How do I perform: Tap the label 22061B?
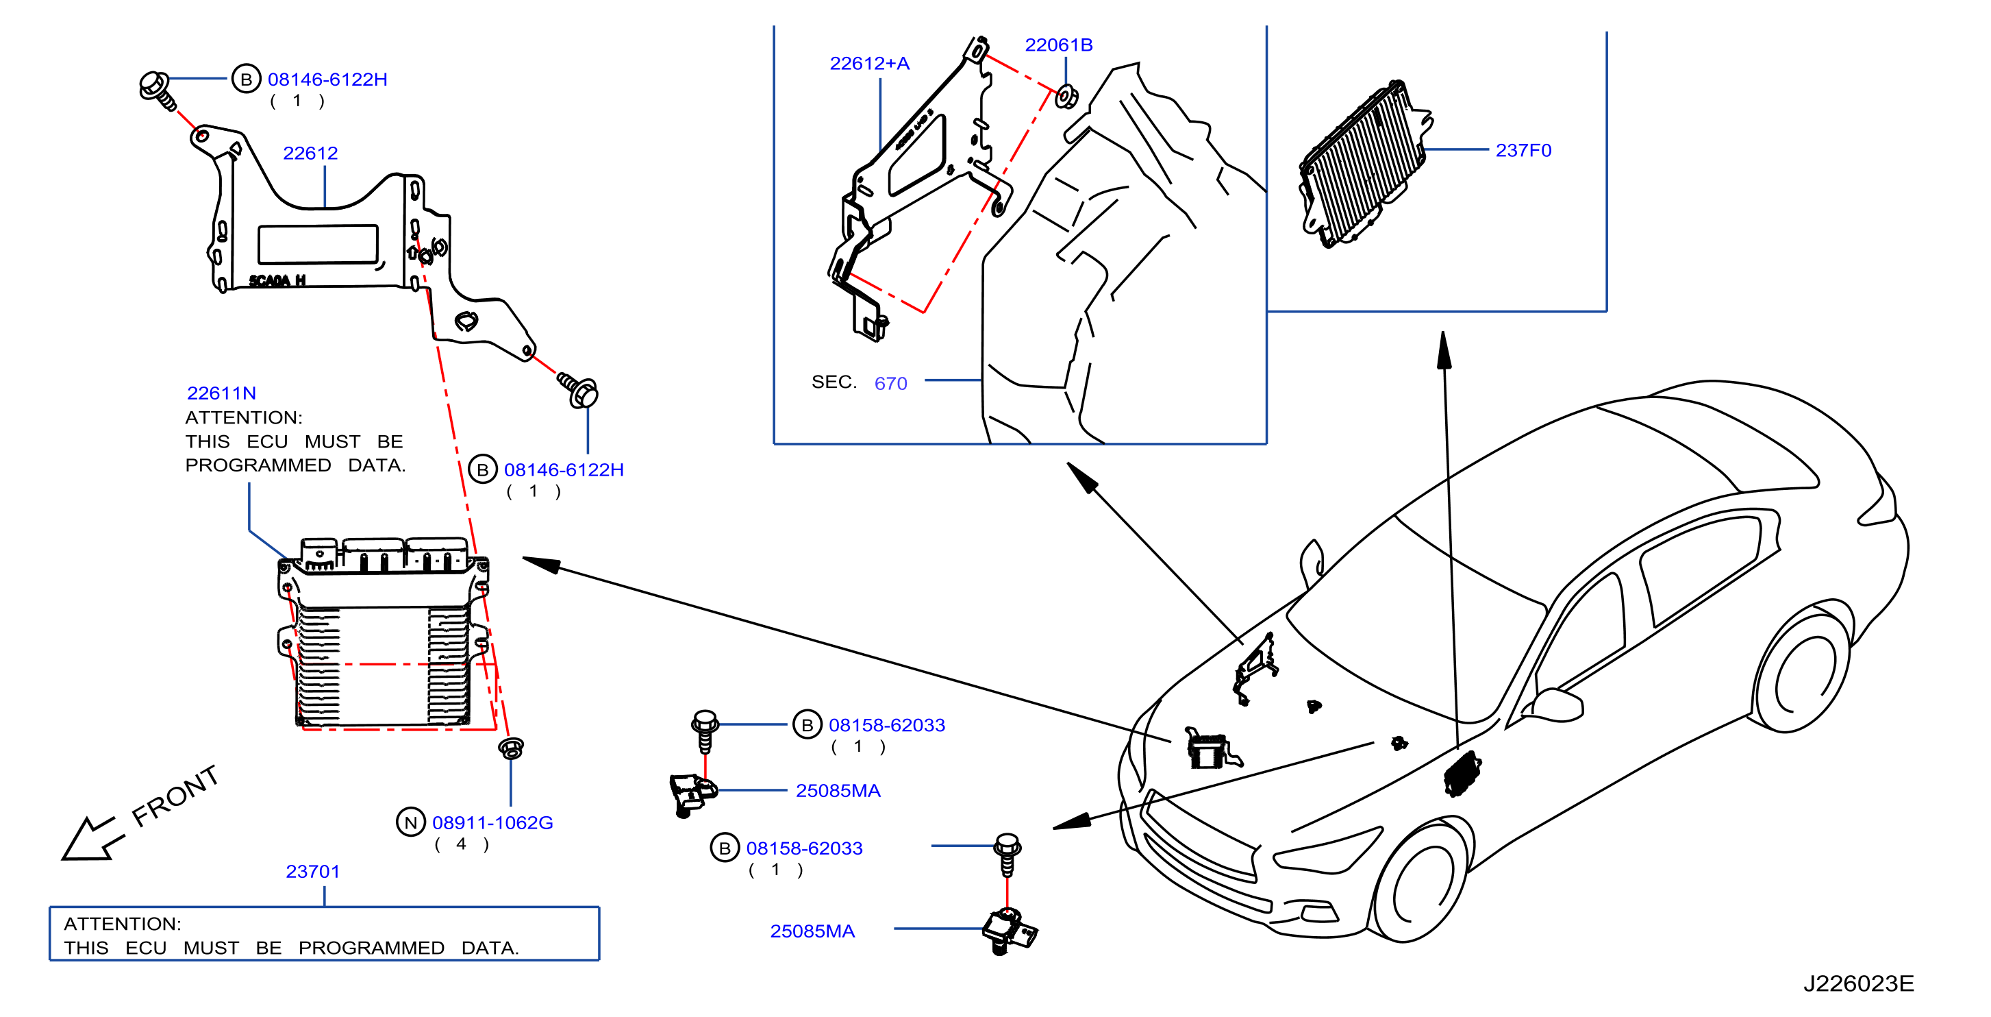tap(1058, 45)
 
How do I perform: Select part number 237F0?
tap(1523, 150)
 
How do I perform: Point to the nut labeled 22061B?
tap(1066, 97)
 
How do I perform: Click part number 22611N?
tap(221, 393)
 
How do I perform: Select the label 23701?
tap(312, 871)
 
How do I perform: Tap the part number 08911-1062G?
tap(492, 822)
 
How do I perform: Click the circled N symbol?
tap(410, 822)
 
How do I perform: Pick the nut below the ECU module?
tap(511, 748)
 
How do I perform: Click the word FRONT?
tap(175, 796)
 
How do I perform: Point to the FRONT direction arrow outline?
tap(91, 839)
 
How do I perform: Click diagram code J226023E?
tap(1858, 983)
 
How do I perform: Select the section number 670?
tap(890, 383)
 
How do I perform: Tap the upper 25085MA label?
tap(838, 790)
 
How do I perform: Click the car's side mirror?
tap(1557, 703)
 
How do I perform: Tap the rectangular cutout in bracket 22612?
tap(318, 245)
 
